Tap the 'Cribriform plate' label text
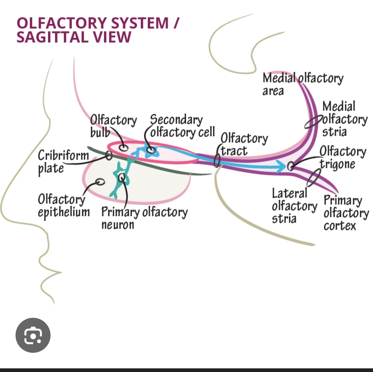click(x=63, y=162)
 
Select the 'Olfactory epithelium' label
click(x=63, y=205)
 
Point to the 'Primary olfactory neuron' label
click(x=144, y=218)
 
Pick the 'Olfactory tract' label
click(x=244, y=144)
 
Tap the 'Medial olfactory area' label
click(x=303, y=84)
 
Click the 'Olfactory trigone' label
click(x=342, y=157)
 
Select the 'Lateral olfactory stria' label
click(x=294, y=206)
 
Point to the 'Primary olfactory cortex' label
click(x=346, y=213)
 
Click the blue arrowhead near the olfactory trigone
click(x=281, y=166)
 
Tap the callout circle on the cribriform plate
click(x=109, y=155)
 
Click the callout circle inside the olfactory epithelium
click(x=100, y=182)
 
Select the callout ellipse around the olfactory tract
click(x=217, y=160)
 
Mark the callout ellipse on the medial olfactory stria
click(x=314, y=122)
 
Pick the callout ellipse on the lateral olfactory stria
click(x=314, y=177)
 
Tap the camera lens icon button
click(x=33, y=335)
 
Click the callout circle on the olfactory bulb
click(x=124, y=148)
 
